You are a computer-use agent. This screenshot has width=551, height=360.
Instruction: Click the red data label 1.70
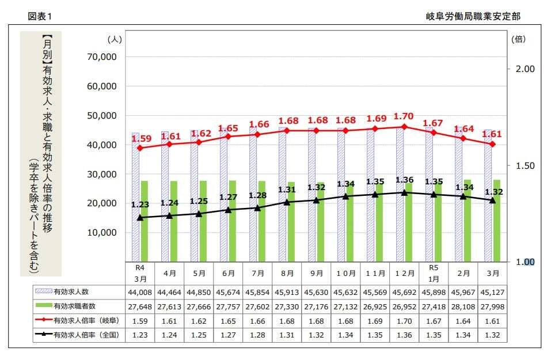tap(404, 117)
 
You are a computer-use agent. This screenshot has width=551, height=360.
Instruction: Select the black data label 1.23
tap(140, 204)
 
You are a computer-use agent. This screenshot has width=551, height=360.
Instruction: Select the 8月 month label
tap(287, 273)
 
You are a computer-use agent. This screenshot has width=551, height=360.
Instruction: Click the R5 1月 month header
tap(434, 272)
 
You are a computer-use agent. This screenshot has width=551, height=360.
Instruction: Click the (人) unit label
tap(115, 39)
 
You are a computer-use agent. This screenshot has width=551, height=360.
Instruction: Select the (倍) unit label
tap(518, 39)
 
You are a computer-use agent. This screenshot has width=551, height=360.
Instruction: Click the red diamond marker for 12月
tap(404, 127)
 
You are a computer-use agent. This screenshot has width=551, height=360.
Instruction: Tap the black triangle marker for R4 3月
tap(140, 218)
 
